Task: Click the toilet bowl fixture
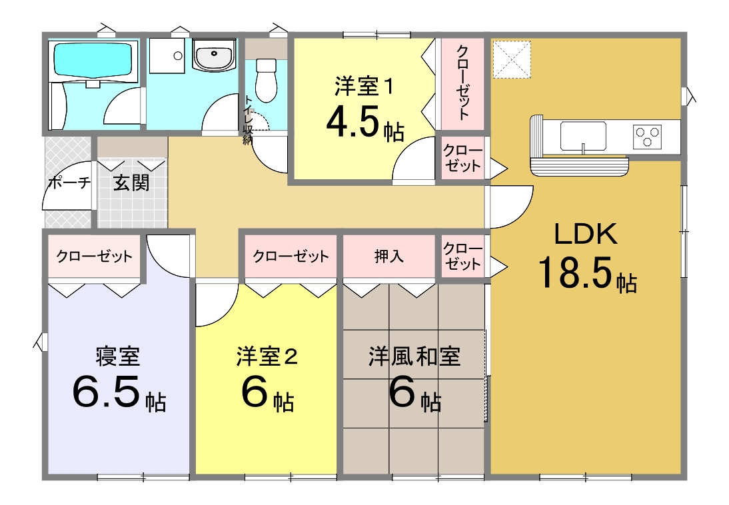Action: [267, 80]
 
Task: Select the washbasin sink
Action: [214, 56]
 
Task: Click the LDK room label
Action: [586, 234]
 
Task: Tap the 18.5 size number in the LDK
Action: [575, 272]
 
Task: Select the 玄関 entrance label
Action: [131, 183]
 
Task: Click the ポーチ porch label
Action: [69, 183]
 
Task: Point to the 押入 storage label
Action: [389, 256]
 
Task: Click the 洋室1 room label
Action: [364, 87]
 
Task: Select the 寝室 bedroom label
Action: [118, 356]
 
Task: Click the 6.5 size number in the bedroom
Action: [107, 392]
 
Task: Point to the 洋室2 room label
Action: [267, 356]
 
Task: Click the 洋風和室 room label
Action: [414, 356]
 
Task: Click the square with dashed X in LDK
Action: [512, 59]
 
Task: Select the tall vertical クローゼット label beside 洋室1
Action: [462, 83]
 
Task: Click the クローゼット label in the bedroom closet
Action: [95, 256]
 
